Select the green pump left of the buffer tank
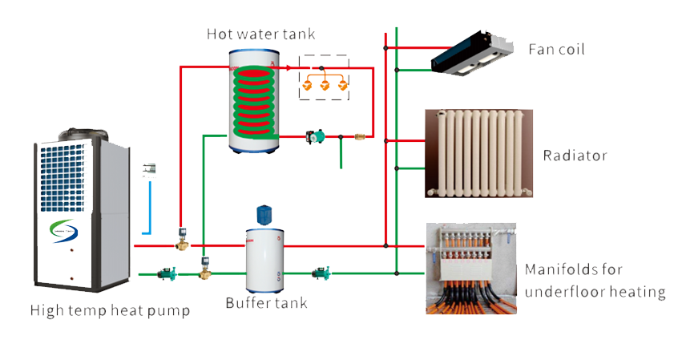coord(167,274)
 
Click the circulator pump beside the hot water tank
coord(312,138)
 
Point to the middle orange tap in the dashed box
coord(325,86)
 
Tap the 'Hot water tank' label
coord(260,34)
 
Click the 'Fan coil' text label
coord(556,50)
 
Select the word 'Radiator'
coord(575,156)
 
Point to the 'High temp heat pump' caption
coord(110,310)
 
